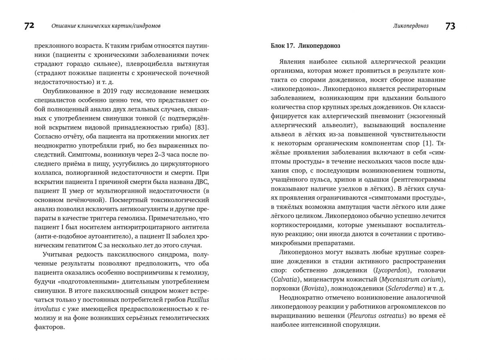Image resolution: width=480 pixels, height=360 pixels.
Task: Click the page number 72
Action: coord(29,26)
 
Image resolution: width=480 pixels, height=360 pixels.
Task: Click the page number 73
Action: coord(450,26)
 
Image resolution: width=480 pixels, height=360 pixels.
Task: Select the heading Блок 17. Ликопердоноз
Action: coord(306,46)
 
